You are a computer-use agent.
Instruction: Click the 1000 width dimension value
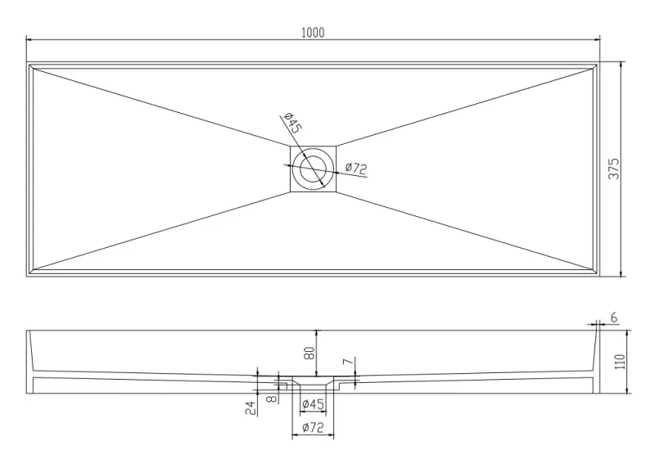tap(313, 33)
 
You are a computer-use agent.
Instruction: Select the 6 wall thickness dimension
tap(613, 317)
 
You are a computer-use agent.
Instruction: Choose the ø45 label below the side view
tap(313, 404)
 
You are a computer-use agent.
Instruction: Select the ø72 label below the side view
tap(313, 427)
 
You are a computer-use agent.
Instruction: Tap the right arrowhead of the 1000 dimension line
tap(597, 39)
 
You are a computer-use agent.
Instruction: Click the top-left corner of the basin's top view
tap(27, 62)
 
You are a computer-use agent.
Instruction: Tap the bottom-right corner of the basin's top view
tap(600, 277)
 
